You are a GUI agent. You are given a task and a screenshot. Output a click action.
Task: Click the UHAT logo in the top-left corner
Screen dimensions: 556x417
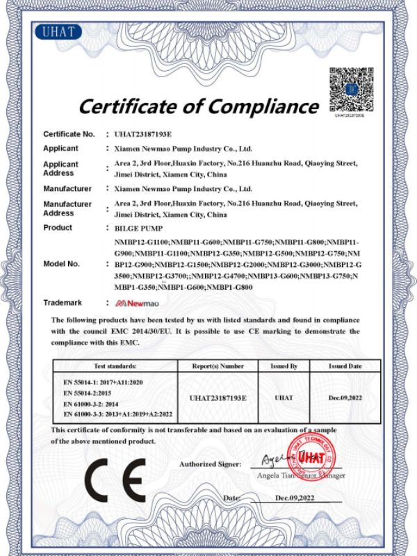(61, 31)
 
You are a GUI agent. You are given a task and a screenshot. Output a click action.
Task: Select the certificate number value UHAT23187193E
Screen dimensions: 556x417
(142, 133)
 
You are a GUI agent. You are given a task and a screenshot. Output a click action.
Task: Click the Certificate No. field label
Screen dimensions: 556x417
(69, 133)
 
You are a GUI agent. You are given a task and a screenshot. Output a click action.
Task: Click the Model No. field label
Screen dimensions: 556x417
(62, 264)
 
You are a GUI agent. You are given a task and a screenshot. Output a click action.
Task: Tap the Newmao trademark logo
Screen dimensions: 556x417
(137, 303)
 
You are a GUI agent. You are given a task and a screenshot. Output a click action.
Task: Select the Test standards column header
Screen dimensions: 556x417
(115, 366)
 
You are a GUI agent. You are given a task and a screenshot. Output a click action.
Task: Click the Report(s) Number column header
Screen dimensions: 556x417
(218, 366)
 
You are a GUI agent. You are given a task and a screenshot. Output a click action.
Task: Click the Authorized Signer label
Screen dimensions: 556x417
(211, 464)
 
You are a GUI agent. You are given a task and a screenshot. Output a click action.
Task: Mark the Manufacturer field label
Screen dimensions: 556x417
(67, 189)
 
